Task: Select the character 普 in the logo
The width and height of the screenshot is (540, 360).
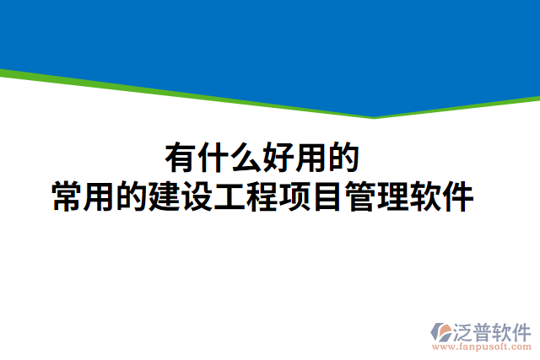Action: (x=486, y=330)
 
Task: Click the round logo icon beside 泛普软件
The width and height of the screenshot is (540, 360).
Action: (x=442, y=332)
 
